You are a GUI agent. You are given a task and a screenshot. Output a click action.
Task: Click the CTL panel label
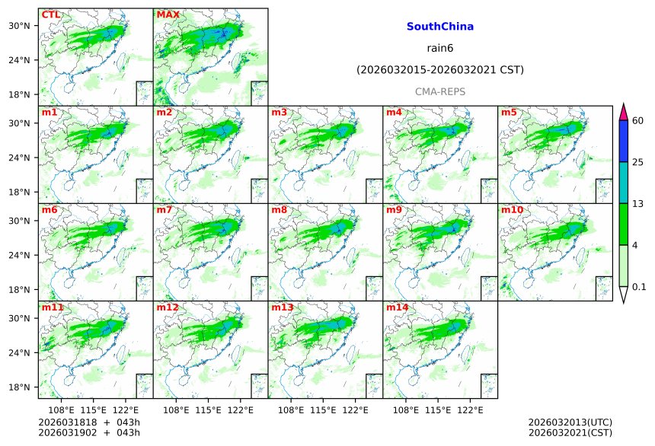coord(50,14)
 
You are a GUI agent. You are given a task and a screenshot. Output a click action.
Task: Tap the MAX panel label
coord(168,14)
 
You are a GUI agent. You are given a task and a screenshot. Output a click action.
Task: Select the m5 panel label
coord(510,113)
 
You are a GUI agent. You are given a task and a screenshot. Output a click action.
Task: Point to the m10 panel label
coord(512,210)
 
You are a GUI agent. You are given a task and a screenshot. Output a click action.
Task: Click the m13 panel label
coord(282,307)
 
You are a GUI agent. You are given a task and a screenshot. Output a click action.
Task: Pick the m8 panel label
coord(280,210)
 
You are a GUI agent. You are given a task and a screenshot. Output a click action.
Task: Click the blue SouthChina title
coord(440,27)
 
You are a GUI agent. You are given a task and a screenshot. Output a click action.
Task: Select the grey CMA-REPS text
coord(440,92)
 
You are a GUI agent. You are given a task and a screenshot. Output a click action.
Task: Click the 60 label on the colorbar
coord(638,121)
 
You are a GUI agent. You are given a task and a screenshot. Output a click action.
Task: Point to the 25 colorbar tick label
coord(638,162)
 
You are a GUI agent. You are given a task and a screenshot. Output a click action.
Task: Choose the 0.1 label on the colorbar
coord(639,286)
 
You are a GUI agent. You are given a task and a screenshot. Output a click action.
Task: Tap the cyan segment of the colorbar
coord(623,183)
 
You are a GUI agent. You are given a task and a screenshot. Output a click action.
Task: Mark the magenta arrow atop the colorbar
coord(623,111)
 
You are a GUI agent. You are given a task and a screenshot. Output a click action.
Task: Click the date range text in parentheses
coord(440,70)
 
